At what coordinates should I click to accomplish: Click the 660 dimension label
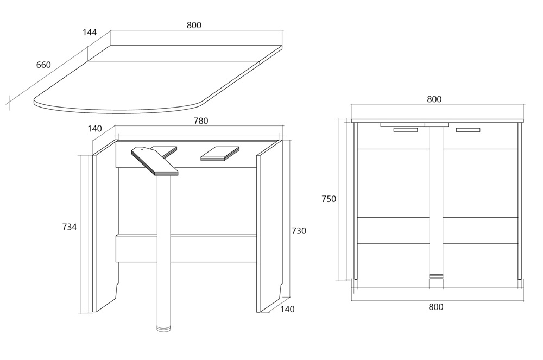[x=43, y=65]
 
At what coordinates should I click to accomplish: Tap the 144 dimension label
[x=90, y=33]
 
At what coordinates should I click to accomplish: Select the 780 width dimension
[x=201, y=121]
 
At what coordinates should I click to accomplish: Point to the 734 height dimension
[x=70, y=227]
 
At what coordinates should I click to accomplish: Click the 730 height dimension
[x=299, y=231]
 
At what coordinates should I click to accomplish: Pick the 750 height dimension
[x=329, y=199]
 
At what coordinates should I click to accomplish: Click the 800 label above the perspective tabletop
[x=194, y=26]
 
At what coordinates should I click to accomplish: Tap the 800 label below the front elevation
[x=435, y=307]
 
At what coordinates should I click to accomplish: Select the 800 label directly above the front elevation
[x=434, y=99]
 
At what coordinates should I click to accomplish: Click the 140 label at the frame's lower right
[x=287, y=309]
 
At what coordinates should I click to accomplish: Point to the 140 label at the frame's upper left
[x=94, y=129]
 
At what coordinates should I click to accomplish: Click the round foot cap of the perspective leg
[x=163, y=329]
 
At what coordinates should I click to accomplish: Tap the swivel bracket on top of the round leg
[x=154, y=161]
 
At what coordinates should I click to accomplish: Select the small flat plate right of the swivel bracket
[x=220, y=153]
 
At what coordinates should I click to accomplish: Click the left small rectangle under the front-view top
[x=406, y=130]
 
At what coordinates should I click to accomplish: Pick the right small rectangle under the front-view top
[x=468, y=130]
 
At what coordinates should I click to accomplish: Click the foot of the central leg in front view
[x=436, y=276]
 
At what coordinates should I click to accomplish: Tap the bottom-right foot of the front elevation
[x=519, y=277]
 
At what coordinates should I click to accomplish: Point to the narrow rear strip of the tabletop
[x=185, y=53]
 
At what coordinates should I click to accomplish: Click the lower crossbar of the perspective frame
[x=186, y=249]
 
